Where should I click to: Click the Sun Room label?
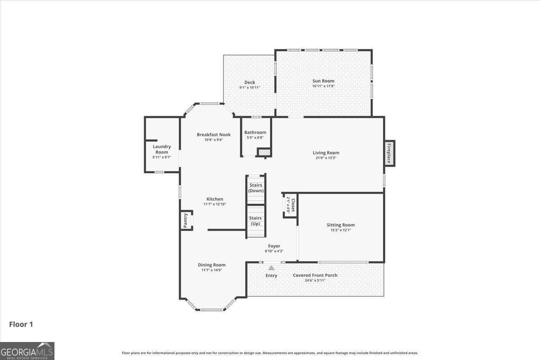pyautogui.click(x=323, y=81)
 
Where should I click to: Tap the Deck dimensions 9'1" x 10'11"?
pyautogui.click(x=249, y=88)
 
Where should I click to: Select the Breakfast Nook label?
pyautogui.click(x=214, y=135)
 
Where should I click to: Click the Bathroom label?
pyautogui.click(x=255, y=132)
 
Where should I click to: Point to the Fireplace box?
pyautogui.click(x=389, y=153)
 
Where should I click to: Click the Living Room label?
pyautogui.click(x=326, y=153)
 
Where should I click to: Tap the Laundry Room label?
pyautogui.click(x=162, y=149)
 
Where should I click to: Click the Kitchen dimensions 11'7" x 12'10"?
pyautogui.click(x=215, y=204)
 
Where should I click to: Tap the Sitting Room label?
pyautogui.click(x=341, y=225)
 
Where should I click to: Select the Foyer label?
pyautogui.click(x=274, y=246)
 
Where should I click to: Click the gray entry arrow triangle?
pyautogui.click(x=271, y=268)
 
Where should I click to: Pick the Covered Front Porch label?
pyautogui.click(x=315, y=275)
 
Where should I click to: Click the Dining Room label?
pyautogui.click(x=211, y=265)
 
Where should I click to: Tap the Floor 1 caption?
pyautogui.click(x=21, y=324)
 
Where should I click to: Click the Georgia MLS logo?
pyautogui.click(x=27, y=351)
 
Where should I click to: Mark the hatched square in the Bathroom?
pyautogui.click(x=264, y=153)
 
